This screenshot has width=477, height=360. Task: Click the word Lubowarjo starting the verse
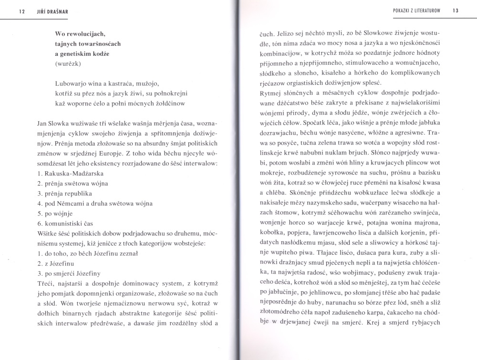(73, 84)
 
